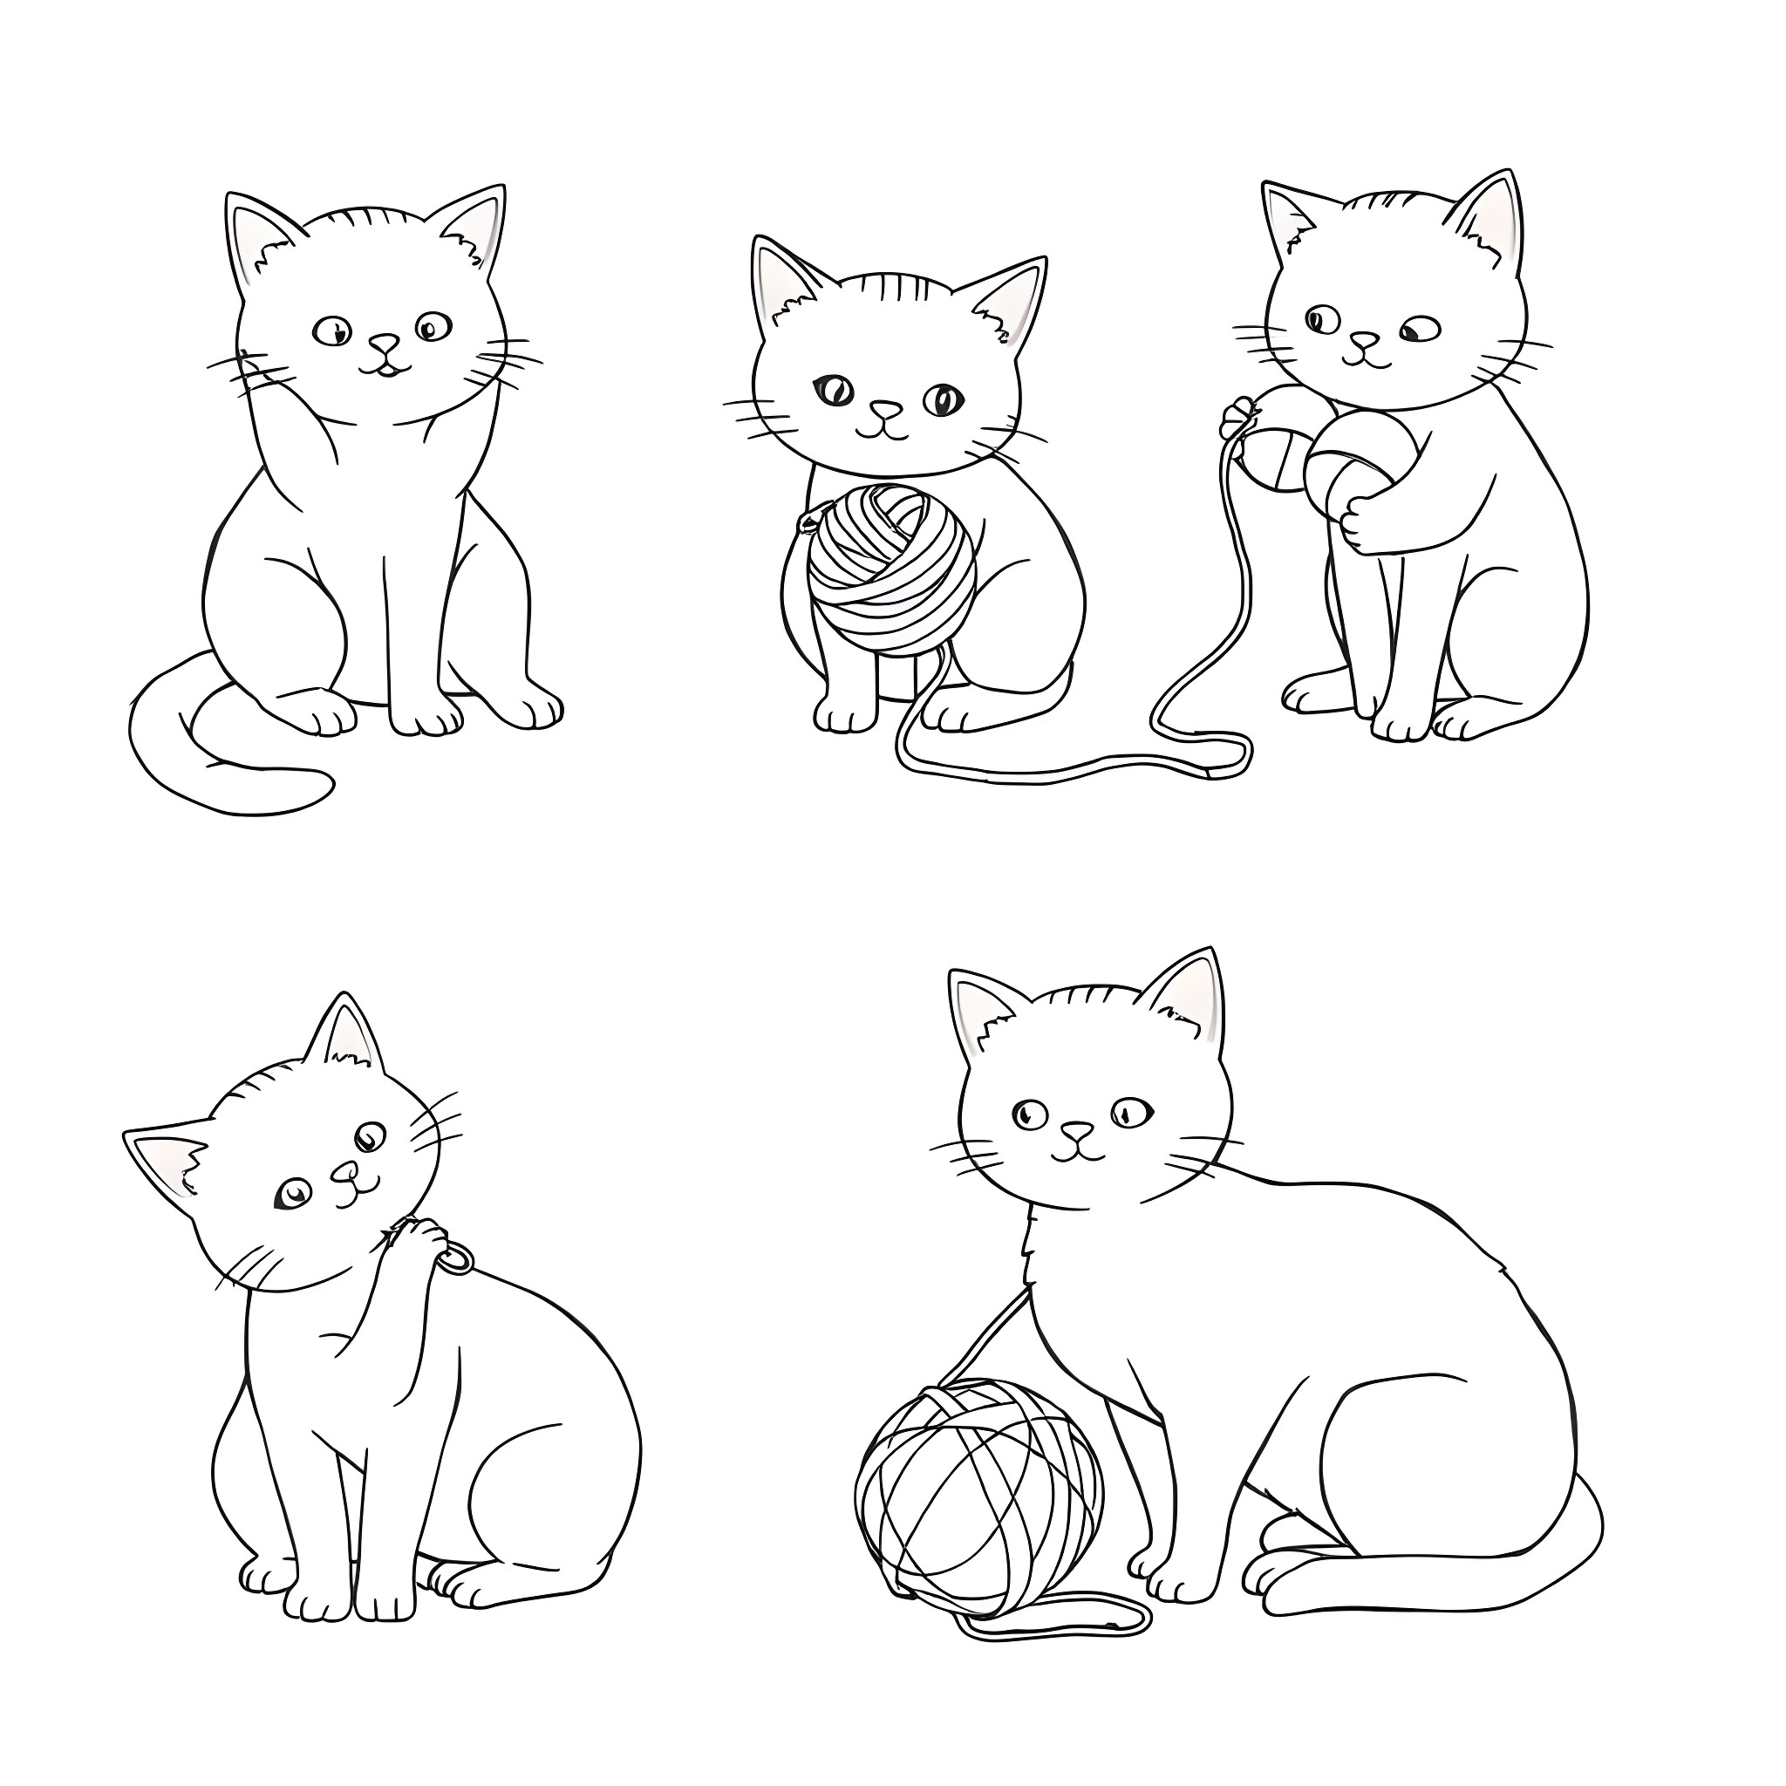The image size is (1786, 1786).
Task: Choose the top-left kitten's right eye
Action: pyautogui.click(x=432, y=325)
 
